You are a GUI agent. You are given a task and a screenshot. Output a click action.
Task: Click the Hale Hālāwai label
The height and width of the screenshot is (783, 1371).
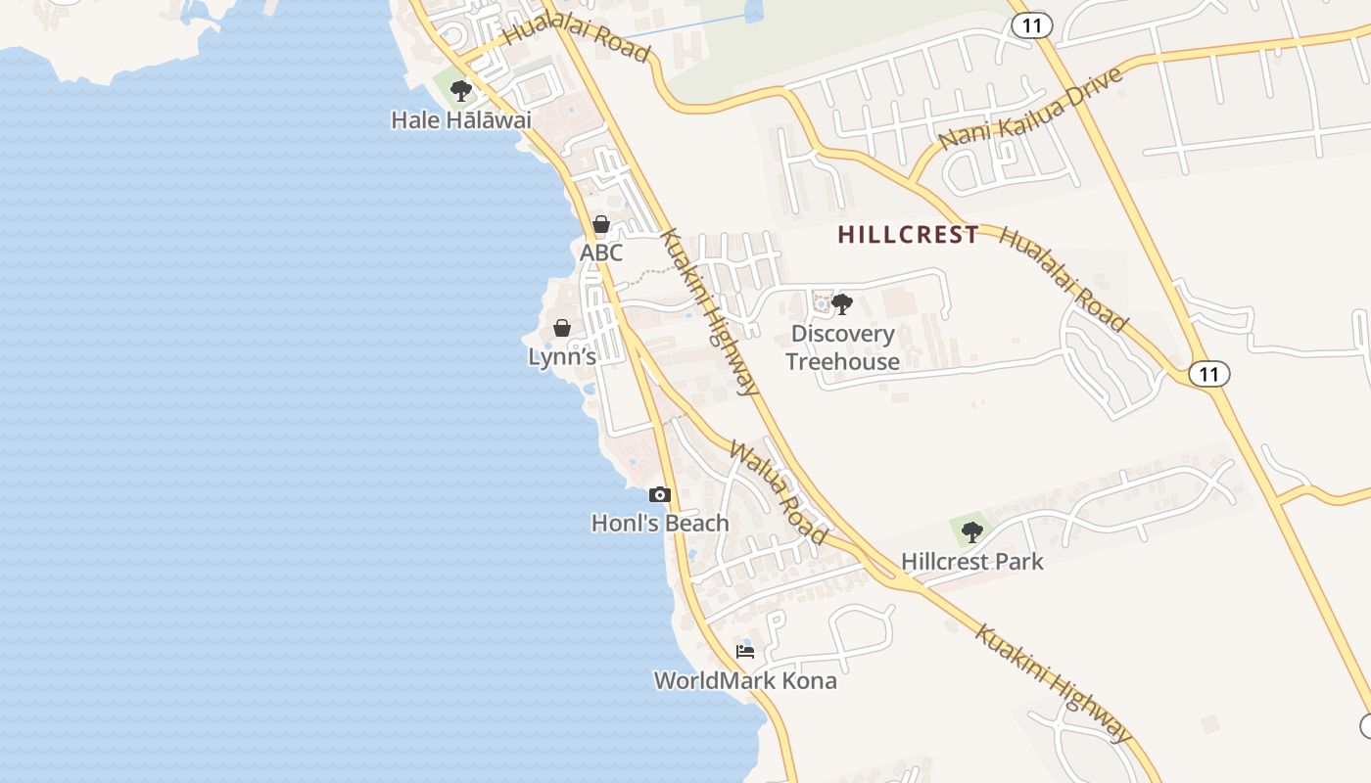460,120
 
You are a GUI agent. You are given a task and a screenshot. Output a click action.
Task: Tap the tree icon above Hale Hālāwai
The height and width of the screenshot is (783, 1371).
460,92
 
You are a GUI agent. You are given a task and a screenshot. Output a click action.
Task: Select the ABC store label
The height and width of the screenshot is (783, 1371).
600,253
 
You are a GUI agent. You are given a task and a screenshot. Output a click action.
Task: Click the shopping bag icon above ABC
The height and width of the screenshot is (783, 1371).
601,225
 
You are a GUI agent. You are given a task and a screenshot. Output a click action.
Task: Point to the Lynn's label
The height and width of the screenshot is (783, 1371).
562,357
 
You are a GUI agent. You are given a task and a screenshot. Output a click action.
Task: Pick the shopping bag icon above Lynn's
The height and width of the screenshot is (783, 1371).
562,328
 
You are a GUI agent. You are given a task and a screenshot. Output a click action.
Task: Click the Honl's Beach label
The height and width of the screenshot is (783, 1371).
660,524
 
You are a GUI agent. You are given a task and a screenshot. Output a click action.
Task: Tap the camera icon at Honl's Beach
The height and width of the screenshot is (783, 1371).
660,495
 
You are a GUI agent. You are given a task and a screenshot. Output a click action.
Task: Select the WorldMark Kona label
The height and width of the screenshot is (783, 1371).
745,681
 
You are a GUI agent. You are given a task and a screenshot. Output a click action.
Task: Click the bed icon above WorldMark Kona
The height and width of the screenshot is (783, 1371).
745,652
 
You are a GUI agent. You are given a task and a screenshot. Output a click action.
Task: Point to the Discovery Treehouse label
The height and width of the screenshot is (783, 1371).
842,347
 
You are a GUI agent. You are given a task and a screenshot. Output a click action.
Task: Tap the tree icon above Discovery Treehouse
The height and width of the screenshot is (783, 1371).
842,304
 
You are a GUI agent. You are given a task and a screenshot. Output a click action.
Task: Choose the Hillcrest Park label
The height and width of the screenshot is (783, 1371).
971,562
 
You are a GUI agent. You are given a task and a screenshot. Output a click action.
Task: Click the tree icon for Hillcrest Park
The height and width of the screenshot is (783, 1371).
971,532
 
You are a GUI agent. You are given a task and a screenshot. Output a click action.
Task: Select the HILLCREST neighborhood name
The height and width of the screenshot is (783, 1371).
909,235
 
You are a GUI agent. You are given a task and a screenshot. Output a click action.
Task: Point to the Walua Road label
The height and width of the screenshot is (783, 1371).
779,492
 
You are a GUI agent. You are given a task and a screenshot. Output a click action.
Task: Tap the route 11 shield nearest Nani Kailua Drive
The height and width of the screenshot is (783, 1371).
1030,25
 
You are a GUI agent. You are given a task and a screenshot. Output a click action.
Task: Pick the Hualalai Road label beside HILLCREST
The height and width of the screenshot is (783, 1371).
1064,280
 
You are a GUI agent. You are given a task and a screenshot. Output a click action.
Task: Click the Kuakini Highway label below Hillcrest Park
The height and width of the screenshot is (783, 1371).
1054,682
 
